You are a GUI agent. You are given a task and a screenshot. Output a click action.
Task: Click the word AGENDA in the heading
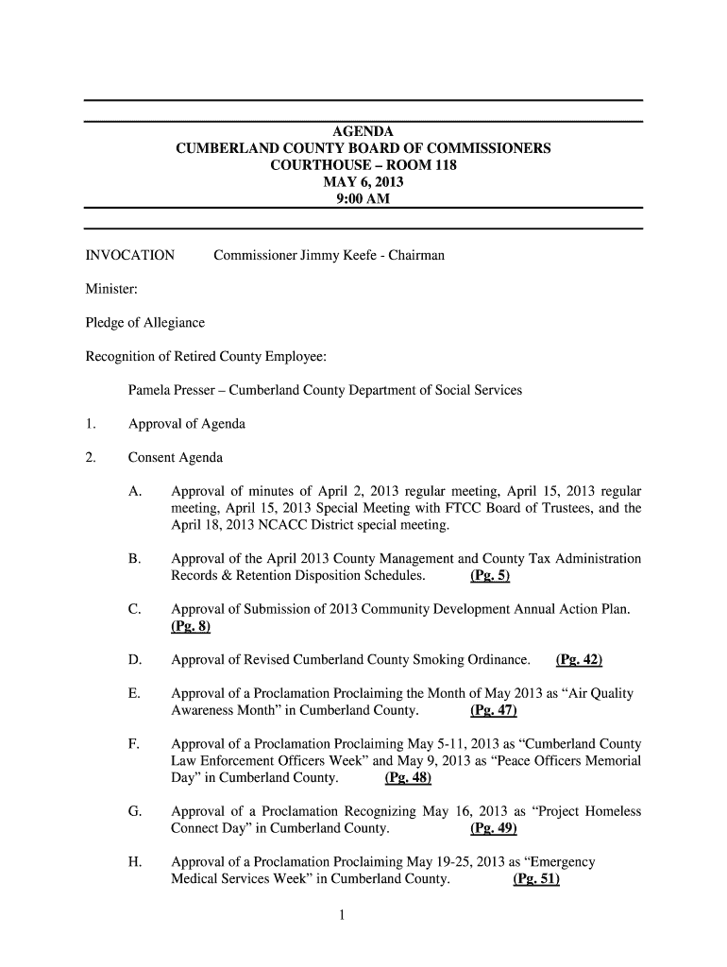(x=363, y=131)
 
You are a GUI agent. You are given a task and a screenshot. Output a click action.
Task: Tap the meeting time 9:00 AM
(x=363, y=199)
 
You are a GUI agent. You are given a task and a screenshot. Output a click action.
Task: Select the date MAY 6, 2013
(x=363, y=182)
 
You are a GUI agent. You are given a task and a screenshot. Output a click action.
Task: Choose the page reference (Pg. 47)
(x=493, y=710)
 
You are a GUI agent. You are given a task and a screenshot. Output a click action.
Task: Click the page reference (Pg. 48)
(x=408, y=778)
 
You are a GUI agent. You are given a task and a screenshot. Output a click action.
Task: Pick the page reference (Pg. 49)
(x=493, y=828)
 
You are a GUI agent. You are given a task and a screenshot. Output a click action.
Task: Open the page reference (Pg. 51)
(x=536, y=879)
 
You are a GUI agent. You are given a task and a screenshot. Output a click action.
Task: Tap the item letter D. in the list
(x=136, y=659)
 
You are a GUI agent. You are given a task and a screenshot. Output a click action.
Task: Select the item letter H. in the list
(x=136, y=862)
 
